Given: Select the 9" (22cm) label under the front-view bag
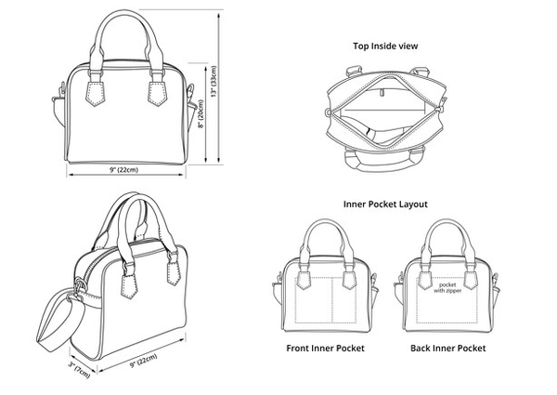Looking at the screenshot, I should coord(123,170).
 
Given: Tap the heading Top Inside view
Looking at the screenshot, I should coord(383,45).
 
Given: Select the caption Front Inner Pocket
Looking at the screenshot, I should coord(324,348).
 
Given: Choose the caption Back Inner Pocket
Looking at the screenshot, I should coord(447,348).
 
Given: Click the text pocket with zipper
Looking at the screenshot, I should coord(448,287).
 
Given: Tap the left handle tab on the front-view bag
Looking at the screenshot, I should coord(92,94).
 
